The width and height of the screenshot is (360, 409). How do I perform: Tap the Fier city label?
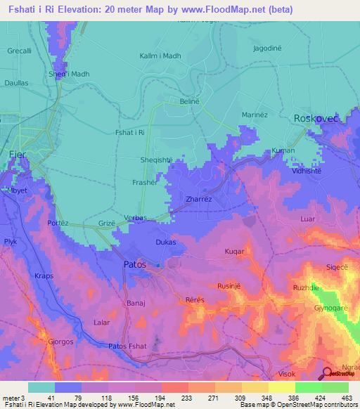(x=17, y=153)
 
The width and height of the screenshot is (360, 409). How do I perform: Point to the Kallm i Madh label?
(x=160, y=56)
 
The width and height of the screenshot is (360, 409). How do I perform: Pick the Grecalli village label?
(x=20, y=51)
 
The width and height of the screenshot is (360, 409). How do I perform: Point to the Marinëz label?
(x=256, y=115)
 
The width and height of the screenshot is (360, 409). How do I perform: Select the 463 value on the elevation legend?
(x=347, y=397)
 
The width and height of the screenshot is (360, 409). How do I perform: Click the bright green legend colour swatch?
(x=308, y=387)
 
